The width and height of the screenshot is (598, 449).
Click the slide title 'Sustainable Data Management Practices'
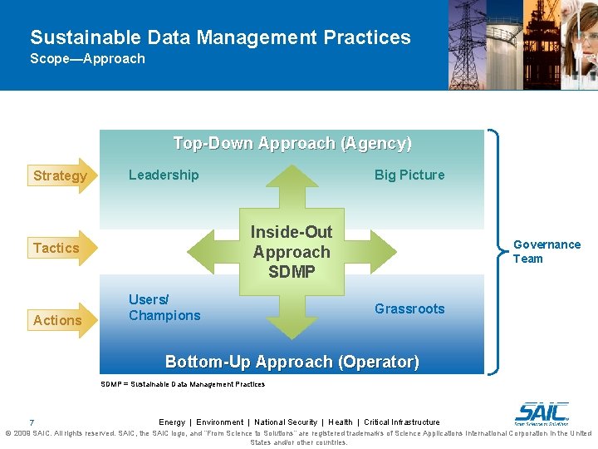coord(220,37)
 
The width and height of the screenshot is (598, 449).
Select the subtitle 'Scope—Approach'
coord(87,59)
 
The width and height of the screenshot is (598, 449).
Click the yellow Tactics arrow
coord(62,248)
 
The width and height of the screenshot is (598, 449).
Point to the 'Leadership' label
coord(164,175)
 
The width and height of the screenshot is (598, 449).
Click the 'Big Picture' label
coord(409,175)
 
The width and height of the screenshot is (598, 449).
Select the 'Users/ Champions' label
coord(164,308)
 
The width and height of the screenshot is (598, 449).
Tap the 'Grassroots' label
coord(409,308)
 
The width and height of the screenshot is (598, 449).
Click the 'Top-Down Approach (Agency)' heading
coord(292,143)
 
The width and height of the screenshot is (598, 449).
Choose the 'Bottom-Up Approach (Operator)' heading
coord(292,362)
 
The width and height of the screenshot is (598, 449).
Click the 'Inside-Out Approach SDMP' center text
coord(292,252)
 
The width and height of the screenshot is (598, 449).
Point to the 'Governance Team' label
coord(547,251)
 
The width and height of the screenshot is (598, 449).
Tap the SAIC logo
coord(542,413)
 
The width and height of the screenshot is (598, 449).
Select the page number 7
coord(32,422)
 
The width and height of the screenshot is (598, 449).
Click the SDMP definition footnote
coord(183,384)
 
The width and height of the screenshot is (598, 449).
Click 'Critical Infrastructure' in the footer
coord(402,422)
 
